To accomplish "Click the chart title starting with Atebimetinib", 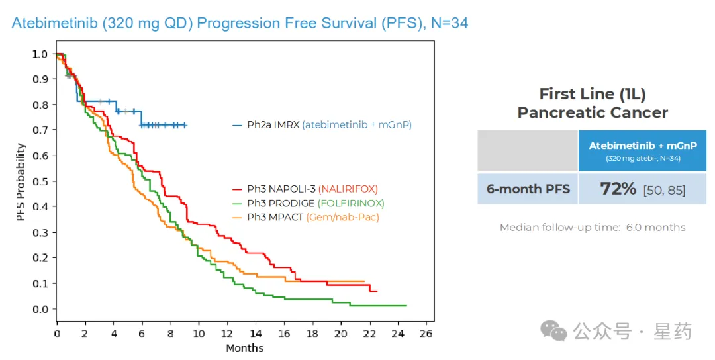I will (240, 23).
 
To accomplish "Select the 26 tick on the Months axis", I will (426, 334).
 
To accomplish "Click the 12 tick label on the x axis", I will (227, 334).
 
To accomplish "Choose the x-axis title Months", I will (244, 348).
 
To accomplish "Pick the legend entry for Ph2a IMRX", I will (322, 124).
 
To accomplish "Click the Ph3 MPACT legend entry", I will (313, 217).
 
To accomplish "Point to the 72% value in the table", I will (618, 189).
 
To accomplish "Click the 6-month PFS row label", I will (528, 189).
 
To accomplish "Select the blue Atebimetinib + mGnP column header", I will (642, 150).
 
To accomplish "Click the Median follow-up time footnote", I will (593, 228).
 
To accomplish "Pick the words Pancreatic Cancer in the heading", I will (593, 112).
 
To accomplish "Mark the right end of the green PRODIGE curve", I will (406, 306).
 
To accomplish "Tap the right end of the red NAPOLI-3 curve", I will (377, 291).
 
